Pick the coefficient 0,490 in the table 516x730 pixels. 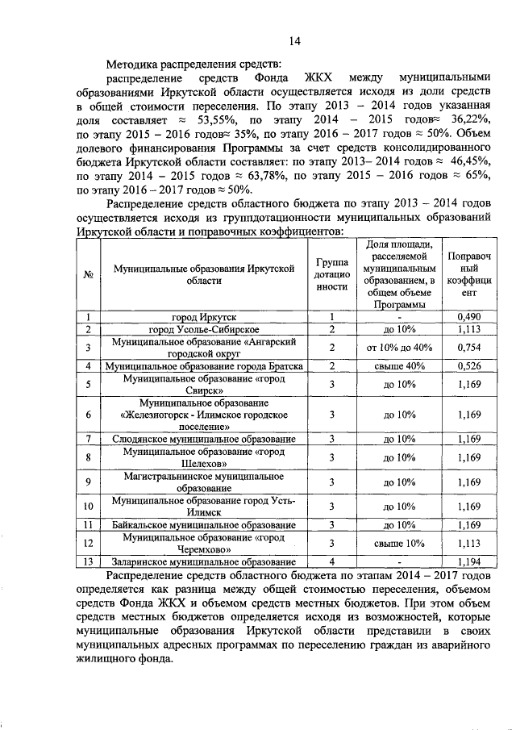point(468,317)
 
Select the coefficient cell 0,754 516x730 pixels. point(468,347)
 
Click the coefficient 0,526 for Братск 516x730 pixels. point(468,365)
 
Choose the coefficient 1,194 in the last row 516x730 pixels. point(468,561)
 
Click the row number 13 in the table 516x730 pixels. point(86,561)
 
